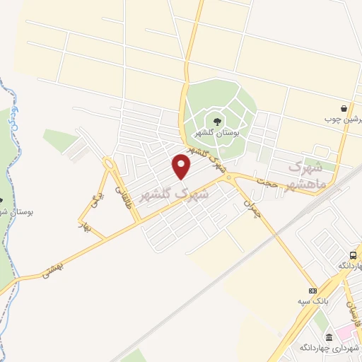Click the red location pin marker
click(182, 167)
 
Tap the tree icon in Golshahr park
click(216, 123)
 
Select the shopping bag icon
click(344, 109)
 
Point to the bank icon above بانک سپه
click(313, 291)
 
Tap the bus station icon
click(353, 255)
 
